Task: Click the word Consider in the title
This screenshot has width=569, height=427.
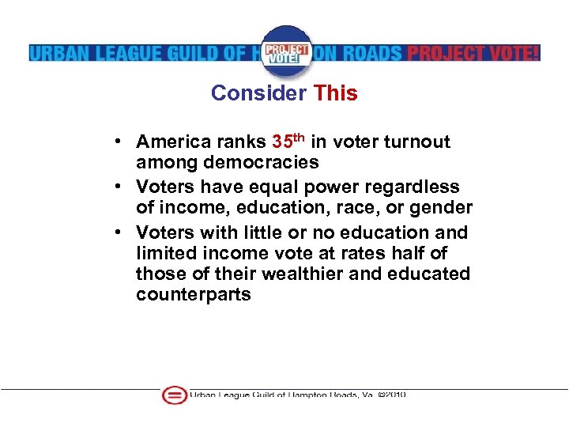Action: click(x=258, y=93)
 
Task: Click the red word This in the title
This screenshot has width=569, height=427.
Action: click(x=336, y=93)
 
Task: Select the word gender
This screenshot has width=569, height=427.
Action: click(x=445, y=208)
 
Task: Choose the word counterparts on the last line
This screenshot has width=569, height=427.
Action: click(x=194, y=295)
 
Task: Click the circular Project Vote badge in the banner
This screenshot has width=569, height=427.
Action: click(x=285, y=51)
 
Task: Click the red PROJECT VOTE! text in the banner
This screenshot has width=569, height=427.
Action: click(x=473, y=53)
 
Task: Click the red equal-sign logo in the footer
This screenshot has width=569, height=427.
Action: click(x=174, y=395)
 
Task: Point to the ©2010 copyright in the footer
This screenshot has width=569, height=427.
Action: click(x=392, y=395)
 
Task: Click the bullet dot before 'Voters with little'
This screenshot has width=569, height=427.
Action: click(x=116, y=232)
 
